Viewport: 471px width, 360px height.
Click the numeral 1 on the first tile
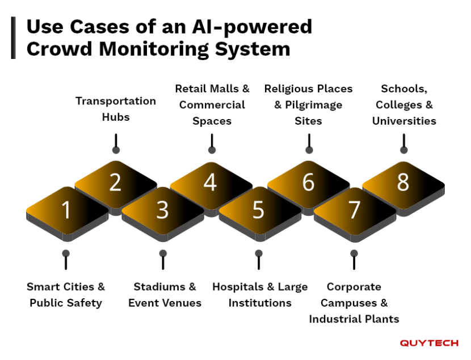click(x=66, y=210)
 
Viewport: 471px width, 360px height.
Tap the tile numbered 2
click(x=116, y=183)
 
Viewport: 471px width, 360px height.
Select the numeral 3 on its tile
click(x=163, y=210)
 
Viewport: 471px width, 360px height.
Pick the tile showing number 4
click(x=211, y=183)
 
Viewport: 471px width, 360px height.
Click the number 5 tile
click(x=259, y=210)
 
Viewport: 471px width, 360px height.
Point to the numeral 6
click(x=308, y=183)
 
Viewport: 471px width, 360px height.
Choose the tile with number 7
click(x=355, y=210)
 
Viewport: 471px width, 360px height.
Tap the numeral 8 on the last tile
click(x=403, y=183)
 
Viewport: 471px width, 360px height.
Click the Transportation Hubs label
click(x=116, y=109)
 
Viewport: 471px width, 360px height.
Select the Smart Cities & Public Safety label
click(x=66, y=295)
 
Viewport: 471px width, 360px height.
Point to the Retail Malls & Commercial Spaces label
click(x=212, y=105)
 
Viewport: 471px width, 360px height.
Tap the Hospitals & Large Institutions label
click(x=260, y=295)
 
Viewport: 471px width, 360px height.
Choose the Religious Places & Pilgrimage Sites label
click(x=308, y=105)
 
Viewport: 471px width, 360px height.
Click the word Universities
click(x=403, y=121)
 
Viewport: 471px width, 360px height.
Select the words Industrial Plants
click(x=354, y=319)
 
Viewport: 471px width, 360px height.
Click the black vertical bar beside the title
click(x=13, y=37)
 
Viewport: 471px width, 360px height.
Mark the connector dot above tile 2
click(x=116, y=150)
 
